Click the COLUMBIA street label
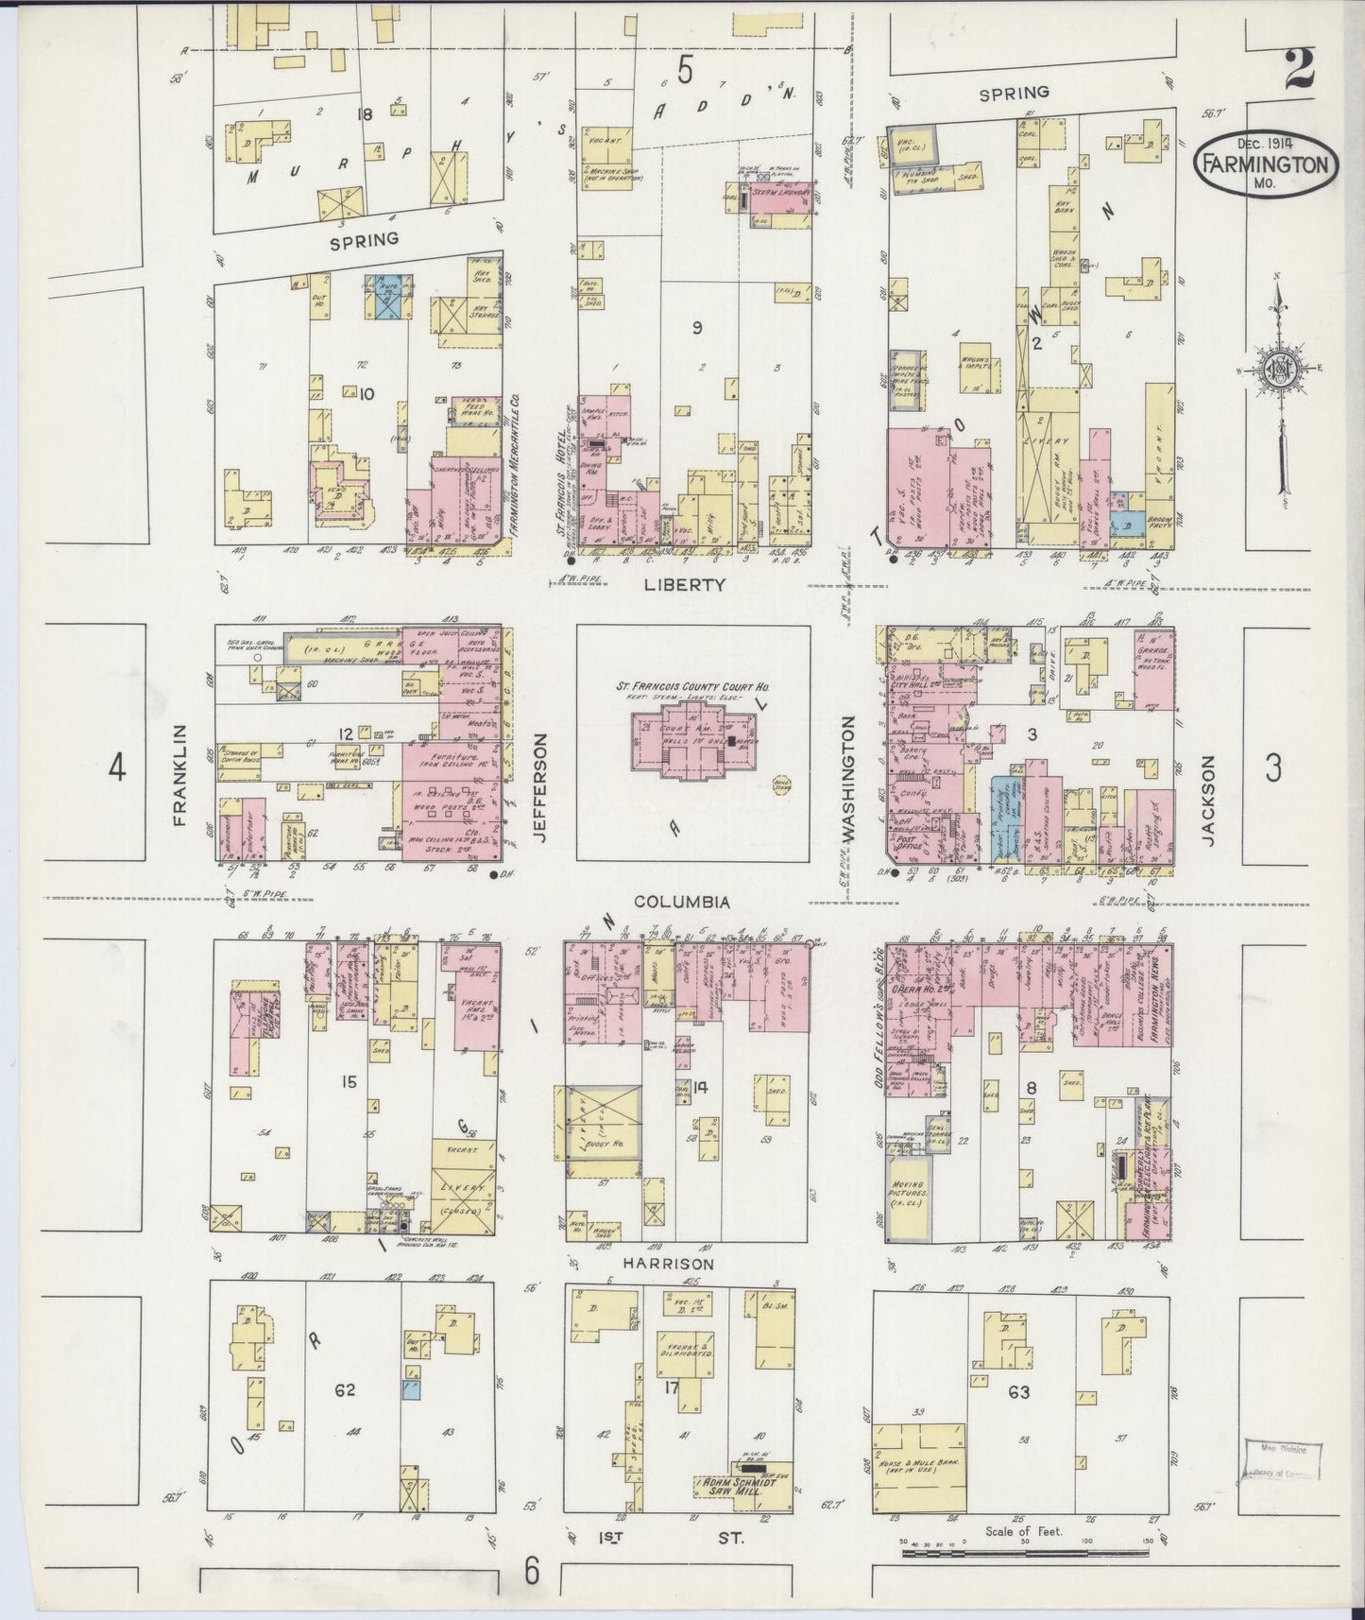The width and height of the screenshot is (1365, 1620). [681, 903]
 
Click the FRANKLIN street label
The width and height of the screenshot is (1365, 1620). [181, 776]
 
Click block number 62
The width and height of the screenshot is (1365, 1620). [345, 1389]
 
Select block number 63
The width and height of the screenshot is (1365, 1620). [1018, 1392]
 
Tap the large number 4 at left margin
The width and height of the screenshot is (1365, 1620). [116, 767]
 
